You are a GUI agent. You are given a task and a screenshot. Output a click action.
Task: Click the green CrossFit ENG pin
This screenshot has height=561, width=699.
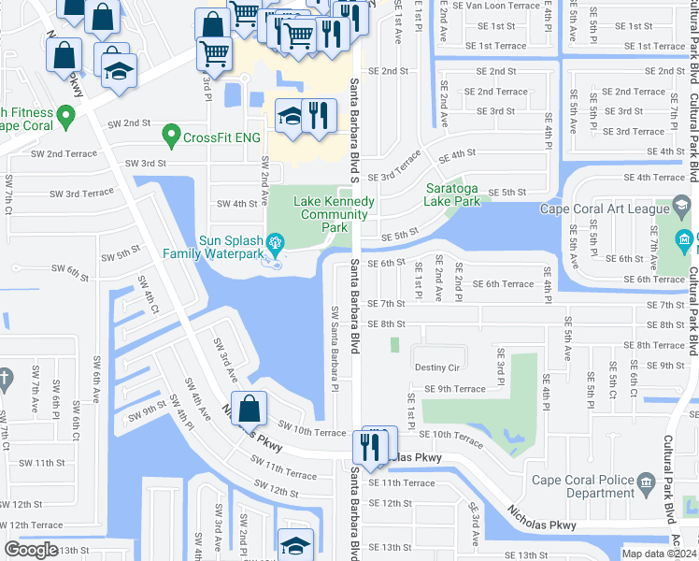click(170, 137)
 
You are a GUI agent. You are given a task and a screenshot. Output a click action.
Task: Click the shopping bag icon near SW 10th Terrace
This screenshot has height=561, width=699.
click(249, 410)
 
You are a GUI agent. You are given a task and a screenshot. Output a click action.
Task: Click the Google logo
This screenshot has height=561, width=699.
click(31, 550)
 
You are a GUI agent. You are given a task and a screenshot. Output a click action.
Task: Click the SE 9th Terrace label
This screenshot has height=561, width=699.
click(455, 389)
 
